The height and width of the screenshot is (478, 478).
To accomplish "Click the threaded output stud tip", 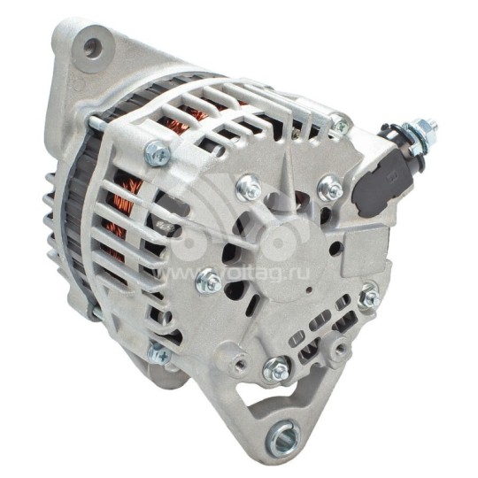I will [x=431, y=126].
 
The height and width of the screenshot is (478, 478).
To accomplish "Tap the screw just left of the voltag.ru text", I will [x=210, y=281].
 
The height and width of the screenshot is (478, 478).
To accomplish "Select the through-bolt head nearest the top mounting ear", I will [x=157, y=153].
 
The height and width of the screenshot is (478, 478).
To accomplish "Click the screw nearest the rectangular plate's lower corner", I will [x=369, y=297].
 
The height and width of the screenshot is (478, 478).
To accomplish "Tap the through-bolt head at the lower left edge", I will [x=159, y=353].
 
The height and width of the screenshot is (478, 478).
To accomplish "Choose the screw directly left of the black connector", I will [x=330, y=187].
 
